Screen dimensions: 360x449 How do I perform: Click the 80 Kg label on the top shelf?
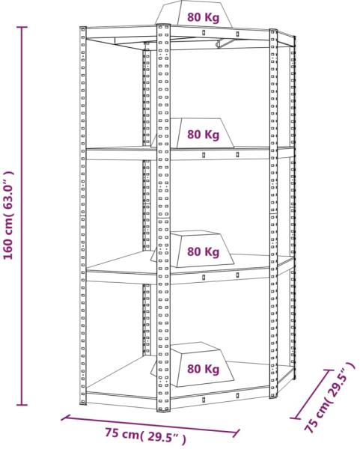click(204, 17)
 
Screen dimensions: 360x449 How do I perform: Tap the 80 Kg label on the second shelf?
click(204, 134)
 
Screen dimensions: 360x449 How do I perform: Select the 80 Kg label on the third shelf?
click(204, 251)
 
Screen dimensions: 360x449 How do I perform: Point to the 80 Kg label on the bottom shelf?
click(204, 369)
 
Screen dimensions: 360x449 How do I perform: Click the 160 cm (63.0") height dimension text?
click(8, 215)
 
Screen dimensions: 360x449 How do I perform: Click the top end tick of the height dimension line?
click(22, 27)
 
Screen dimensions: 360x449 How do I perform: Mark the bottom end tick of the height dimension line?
click(22, 405)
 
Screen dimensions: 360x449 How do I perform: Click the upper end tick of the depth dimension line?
click(328, 370)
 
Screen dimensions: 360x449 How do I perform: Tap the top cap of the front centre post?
click(163, 25)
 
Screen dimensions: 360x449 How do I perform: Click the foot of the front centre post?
click(163, 409)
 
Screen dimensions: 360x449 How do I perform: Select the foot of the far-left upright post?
click(83, 403)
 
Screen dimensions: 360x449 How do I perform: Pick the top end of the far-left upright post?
click(83, 28)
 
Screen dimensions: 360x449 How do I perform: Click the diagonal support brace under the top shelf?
click(228, 43)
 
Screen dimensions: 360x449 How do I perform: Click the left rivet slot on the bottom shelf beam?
click(204, 400)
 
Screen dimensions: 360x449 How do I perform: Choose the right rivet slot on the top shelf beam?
click(237, 34)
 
